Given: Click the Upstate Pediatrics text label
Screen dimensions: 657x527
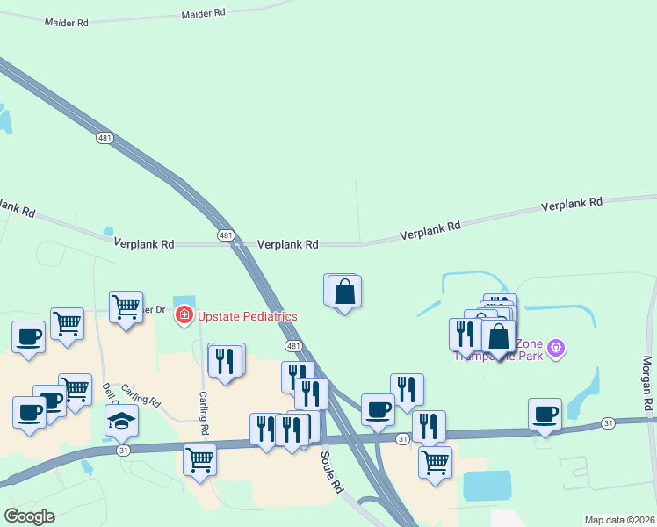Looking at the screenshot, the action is (x=247, y=316).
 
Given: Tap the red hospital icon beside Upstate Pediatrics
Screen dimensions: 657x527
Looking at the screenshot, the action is (x=184, y=315).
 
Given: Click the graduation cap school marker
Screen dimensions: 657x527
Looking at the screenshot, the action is (x=122, y=420).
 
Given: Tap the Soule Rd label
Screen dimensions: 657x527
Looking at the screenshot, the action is (x=330, y=473).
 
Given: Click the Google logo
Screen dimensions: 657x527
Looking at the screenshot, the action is (x=29, y=516).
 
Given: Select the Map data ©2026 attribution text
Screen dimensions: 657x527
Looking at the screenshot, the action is (x=618, y=520).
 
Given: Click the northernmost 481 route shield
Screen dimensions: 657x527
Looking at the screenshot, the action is (x=105, y=138).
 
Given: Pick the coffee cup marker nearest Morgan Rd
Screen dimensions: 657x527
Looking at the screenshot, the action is (x=545, y=414).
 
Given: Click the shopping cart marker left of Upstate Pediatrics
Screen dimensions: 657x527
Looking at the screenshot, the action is (x=126, y=307).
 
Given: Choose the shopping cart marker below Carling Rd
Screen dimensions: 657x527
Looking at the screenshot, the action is (x=199, y=459).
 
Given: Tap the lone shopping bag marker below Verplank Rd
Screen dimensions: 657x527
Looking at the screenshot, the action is (x=344, y=292).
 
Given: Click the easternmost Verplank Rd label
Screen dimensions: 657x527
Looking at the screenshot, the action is (x=572, y=203).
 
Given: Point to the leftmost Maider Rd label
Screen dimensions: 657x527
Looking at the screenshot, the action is (x=67, y=21).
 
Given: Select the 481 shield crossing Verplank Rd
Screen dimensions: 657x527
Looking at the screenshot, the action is (x=226, y=235).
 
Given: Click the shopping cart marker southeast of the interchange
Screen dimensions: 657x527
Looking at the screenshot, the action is (x=434, y=462).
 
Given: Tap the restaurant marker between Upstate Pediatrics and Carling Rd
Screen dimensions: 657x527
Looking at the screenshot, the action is (x=226, y=360).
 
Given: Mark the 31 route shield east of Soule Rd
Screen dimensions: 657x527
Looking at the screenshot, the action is (x=402, y=438).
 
